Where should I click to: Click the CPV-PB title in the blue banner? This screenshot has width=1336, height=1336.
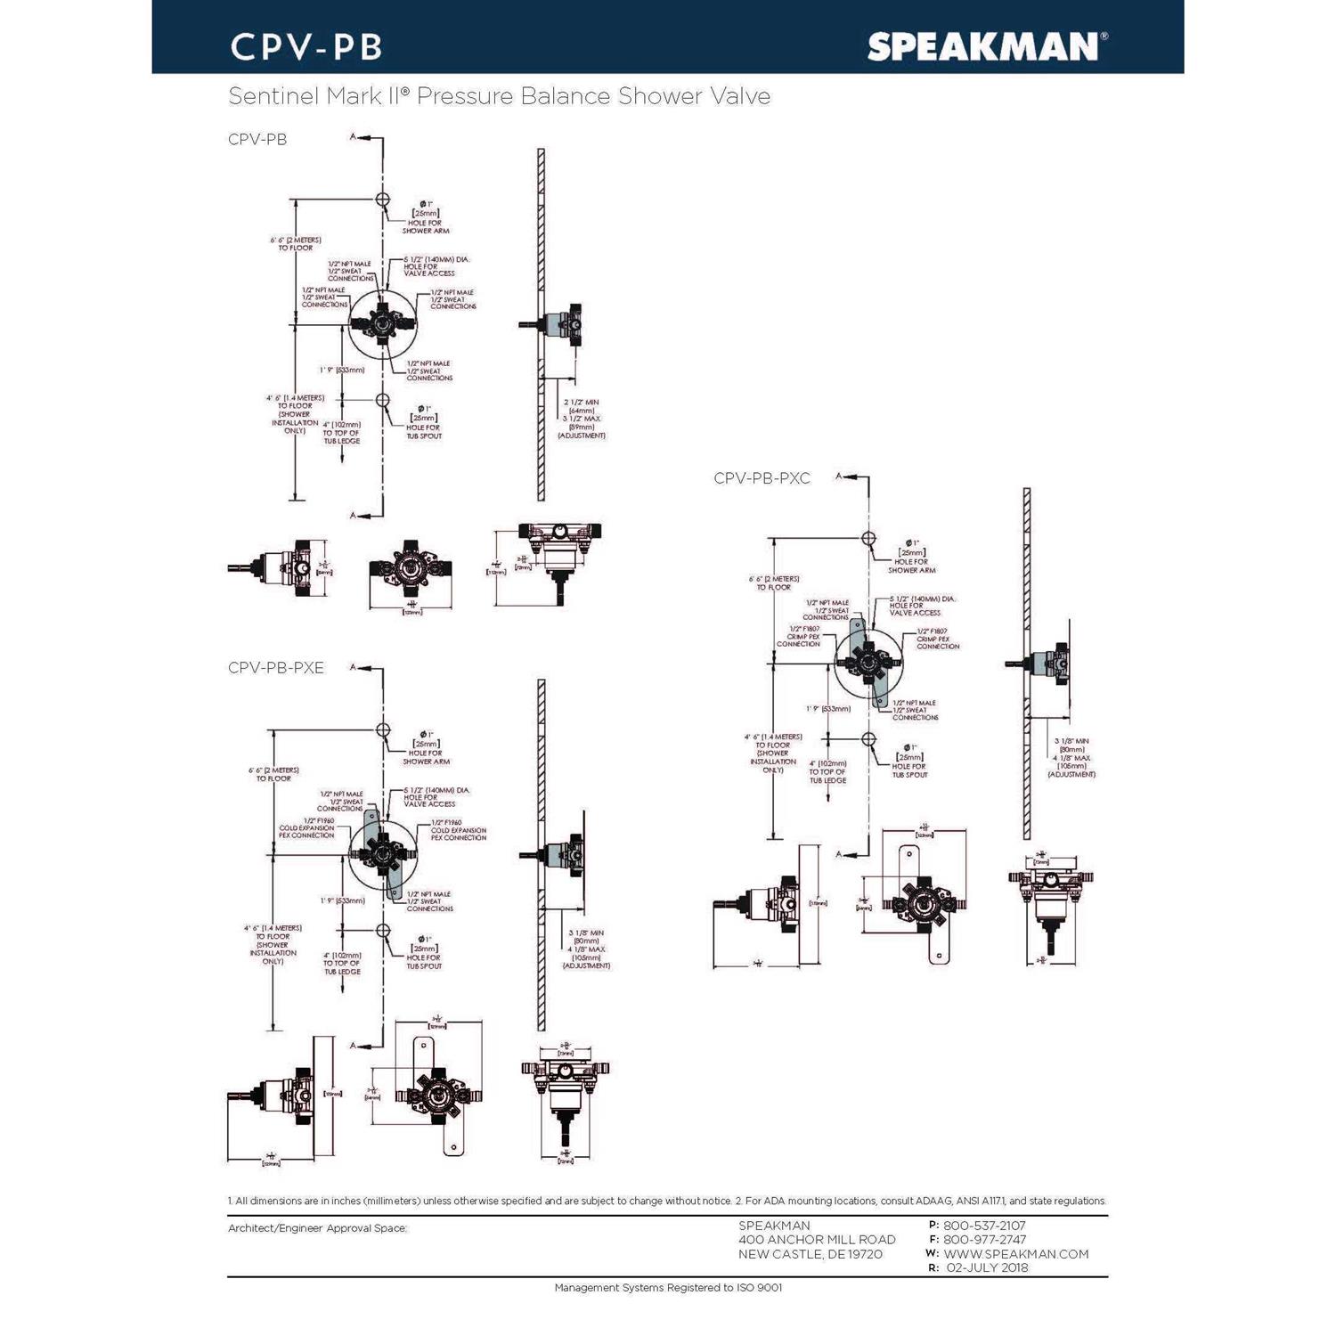(306, 47)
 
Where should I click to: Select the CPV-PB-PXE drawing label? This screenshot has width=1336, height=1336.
(276, 668)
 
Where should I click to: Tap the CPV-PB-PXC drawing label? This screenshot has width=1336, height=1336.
(762, 478)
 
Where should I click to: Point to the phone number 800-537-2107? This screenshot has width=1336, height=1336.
(984, 1226)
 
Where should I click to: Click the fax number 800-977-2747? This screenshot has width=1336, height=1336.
(984, 1240)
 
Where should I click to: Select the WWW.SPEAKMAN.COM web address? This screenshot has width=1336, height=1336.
(1015, 1254)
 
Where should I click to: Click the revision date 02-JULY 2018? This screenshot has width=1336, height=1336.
(986, 1267)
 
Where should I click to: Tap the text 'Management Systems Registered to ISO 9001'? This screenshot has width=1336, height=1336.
(668, 1288)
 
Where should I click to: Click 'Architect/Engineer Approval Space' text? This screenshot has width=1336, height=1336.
(317, 1228)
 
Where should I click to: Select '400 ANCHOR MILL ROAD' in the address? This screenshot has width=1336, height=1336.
(817, 1240)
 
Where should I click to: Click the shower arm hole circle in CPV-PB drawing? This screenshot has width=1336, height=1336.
(382, 200)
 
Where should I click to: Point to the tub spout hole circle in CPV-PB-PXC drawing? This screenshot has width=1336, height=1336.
(868, 739)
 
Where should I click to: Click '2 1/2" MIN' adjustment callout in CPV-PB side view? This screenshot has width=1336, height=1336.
(582, 403)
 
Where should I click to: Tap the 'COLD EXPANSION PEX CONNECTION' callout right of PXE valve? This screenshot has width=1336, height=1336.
(458, 830)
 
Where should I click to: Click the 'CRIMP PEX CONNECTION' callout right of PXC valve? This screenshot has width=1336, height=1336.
(938, 639)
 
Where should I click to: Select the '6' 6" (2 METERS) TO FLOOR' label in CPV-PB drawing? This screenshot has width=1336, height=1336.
(296, 244)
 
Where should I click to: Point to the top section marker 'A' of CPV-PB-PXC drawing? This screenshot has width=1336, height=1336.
(838, 477)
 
